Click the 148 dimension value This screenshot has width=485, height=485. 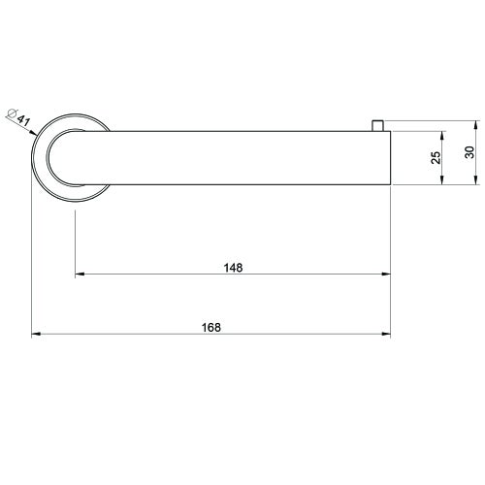pos(232,266)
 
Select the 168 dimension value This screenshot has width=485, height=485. pos(212,327)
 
